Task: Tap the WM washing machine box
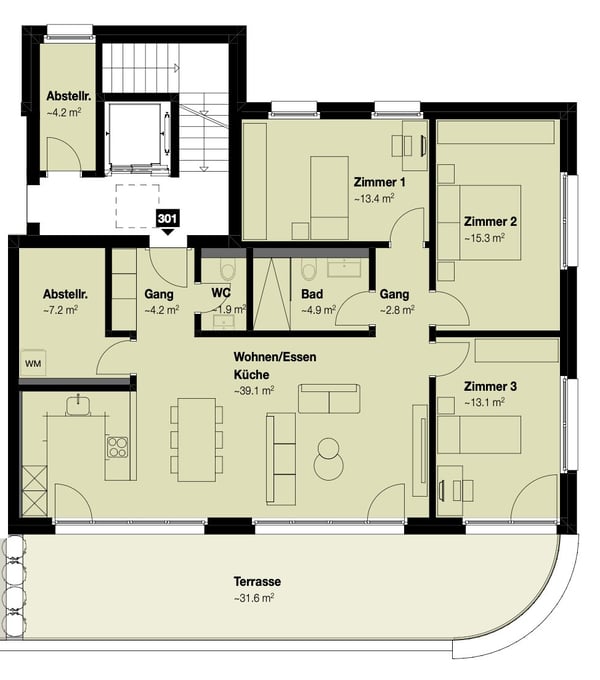(x=32, y=362)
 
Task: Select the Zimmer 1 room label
(x=379, y=183)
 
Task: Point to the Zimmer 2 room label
(x=490, y=221)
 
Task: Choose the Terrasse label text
(x=257, y=581)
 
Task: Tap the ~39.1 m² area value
(x=254, y=391)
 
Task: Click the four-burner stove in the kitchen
(x=119, y=446)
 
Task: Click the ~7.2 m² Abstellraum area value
(x=61, y=311)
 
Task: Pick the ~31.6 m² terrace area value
(x=254, y=598)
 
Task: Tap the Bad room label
(x=311, y=295)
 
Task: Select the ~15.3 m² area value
(x=485, y=238)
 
